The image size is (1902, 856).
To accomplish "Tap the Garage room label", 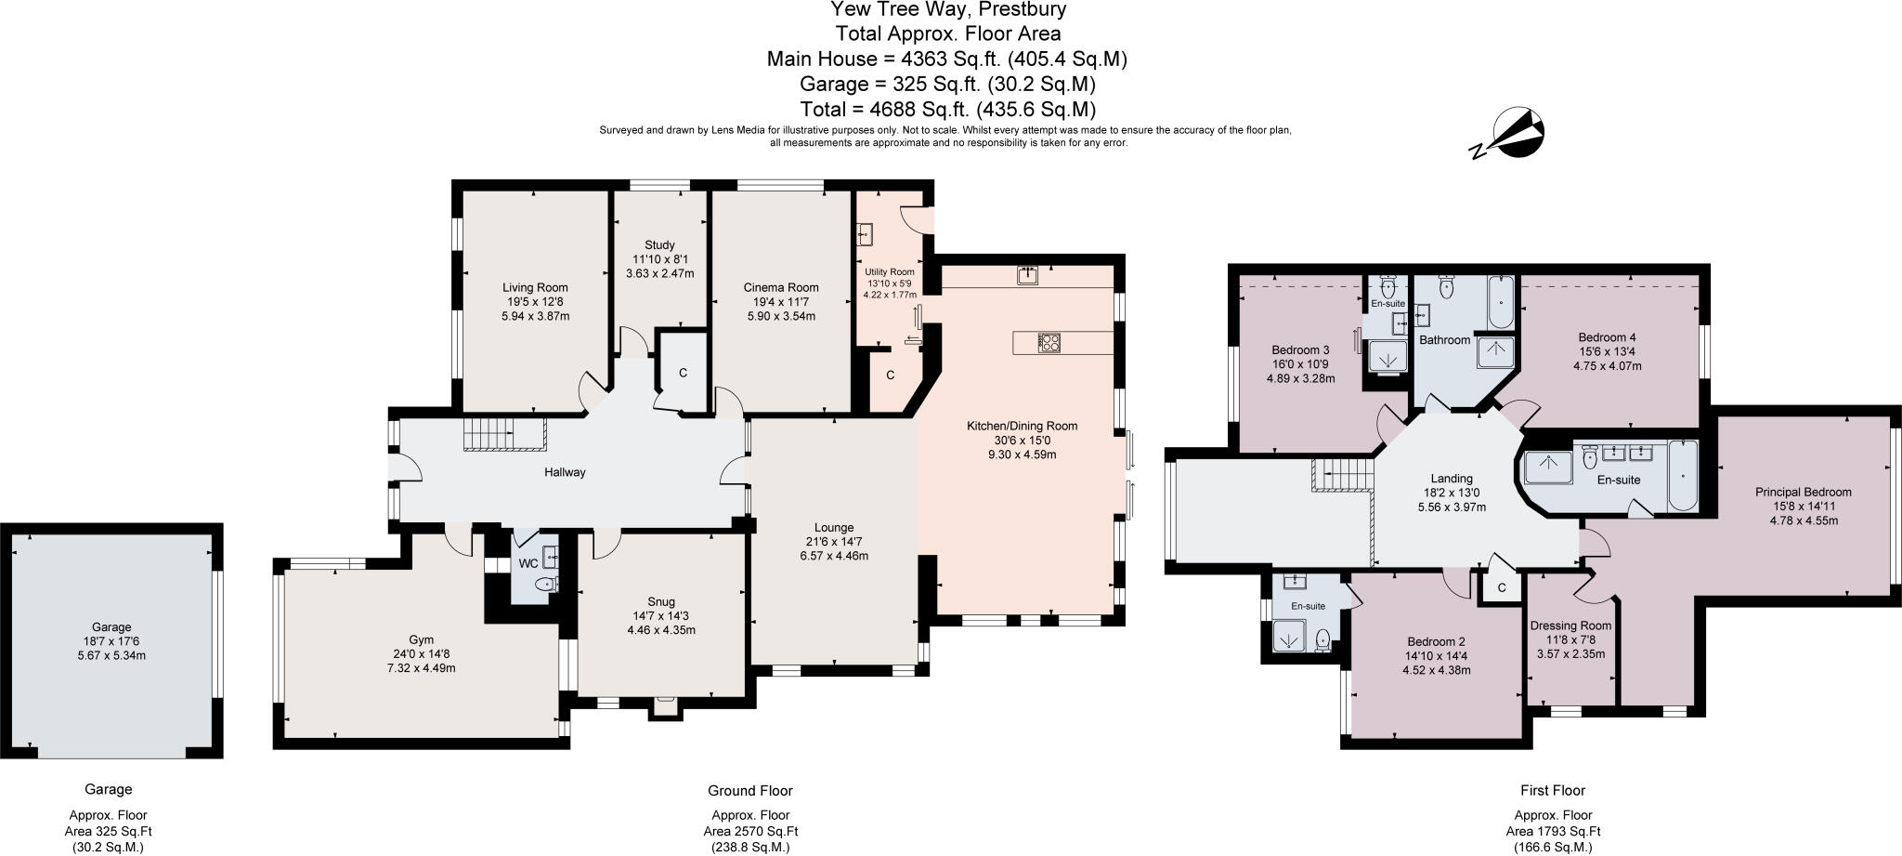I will coord(111,627).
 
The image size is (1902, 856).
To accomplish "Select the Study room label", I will coord(659,245).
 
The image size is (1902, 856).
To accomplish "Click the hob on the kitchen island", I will coord(1049,343).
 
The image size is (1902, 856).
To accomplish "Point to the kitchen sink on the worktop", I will coord(1028,275).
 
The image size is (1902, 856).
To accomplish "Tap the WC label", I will coord(528,564).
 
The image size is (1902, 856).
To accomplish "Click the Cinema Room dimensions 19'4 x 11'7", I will coord(781,302).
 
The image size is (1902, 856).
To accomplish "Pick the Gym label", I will coord(421,640).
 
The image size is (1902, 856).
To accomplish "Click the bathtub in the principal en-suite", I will coord(1683,475).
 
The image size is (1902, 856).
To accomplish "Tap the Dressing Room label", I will coord(1570,626).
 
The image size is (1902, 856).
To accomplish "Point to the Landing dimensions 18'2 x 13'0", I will coord(1452,494).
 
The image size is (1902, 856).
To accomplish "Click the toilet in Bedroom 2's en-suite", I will coord(1322,639).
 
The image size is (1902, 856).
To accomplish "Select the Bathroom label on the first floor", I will coord(1444,340).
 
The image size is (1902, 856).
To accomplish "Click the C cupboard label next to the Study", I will coord(683,374).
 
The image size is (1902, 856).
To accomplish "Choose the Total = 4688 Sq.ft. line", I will coord(947,108).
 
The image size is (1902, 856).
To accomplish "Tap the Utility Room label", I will coord(889,271).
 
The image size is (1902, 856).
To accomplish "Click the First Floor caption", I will coord(1552,790).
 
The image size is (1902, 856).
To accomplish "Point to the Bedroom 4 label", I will coord(1607,337).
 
